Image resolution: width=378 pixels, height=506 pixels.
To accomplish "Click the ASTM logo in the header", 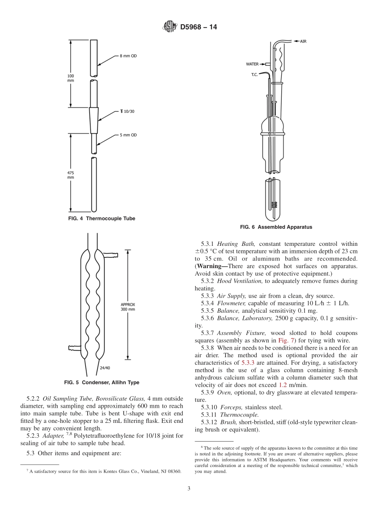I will (170, 27).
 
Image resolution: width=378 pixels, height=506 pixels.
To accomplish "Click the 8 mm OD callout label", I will (128, 56).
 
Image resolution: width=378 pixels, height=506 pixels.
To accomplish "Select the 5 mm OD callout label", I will (128, 135).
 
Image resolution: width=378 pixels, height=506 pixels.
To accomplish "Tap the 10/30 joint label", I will (127, 112).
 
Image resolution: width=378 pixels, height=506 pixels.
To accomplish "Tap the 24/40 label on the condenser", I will (105, 368).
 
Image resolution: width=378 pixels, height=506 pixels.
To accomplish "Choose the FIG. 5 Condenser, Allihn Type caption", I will (102, 383).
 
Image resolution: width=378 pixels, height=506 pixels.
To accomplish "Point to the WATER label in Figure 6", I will (252, 64).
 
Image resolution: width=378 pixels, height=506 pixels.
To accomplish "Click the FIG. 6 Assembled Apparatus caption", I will (276, 227).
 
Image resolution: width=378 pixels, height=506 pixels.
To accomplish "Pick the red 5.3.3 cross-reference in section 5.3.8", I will (248, 363).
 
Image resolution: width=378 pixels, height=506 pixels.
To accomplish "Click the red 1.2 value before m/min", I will (283, 385).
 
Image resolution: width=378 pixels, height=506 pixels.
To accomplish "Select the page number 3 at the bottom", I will (189, 488).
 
